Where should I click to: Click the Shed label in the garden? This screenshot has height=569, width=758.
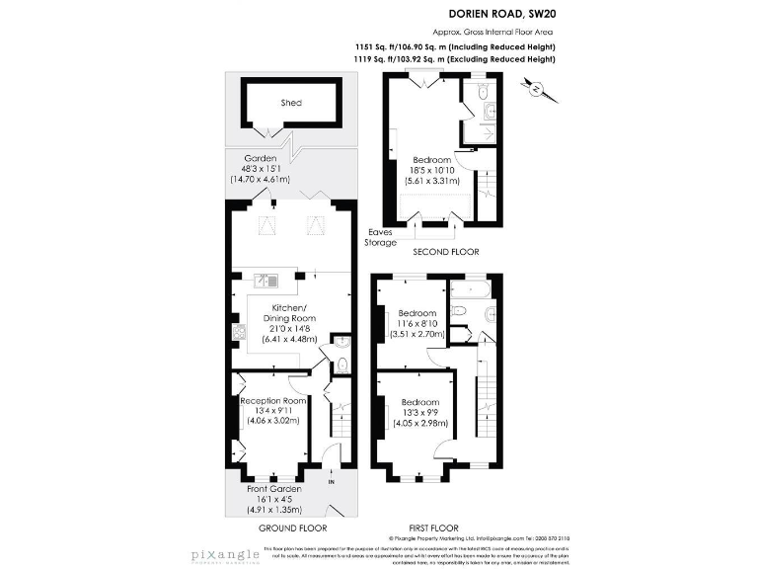[290, 103]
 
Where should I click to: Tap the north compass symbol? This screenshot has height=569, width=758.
[538, 90]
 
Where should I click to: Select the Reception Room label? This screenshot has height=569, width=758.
[272, 401]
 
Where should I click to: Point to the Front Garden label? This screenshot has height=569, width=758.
[273, 489]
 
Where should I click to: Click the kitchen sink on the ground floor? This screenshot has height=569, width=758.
[264, 280]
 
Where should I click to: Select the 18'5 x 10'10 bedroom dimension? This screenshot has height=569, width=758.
[431, 171]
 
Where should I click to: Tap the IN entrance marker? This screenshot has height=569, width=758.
[332, 482]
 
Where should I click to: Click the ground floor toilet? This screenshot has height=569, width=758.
[341, 364]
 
